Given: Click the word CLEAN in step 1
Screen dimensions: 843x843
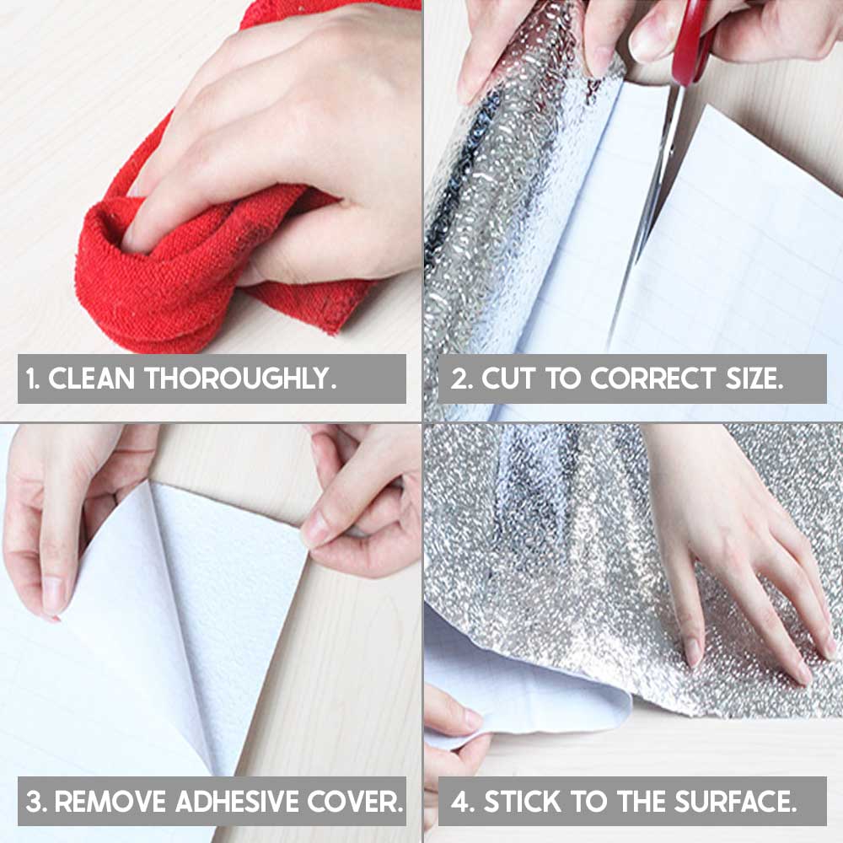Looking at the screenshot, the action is pyautogui.click(x=91, y=378).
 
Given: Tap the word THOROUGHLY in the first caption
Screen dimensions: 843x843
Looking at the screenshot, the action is pyautogui.click(x=239, y=378).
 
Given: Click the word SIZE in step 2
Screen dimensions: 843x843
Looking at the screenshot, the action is pyautogui.click(x=754, y=378).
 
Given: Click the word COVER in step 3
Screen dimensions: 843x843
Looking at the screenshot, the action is pyautogui.click(x=356, y=801).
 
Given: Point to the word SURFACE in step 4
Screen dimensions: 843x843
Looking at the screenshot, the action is pyautogui.click(x=735, y=801).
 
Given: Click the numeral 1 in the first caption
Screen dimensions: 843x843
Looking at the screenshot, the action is pyautogui.click(x=31, y=379).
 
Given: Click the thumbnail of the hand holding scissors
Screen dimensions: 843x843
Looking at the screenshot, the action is pyautogui.click(x=643, y=43).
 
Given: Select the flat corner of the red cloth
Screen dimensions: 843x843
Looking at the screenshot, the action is pyautogui.click(x=317, y=307).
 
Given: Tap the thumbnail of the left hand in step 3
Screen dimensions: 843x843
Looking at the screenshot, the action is pyautogui.click(x=51, y=597).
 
